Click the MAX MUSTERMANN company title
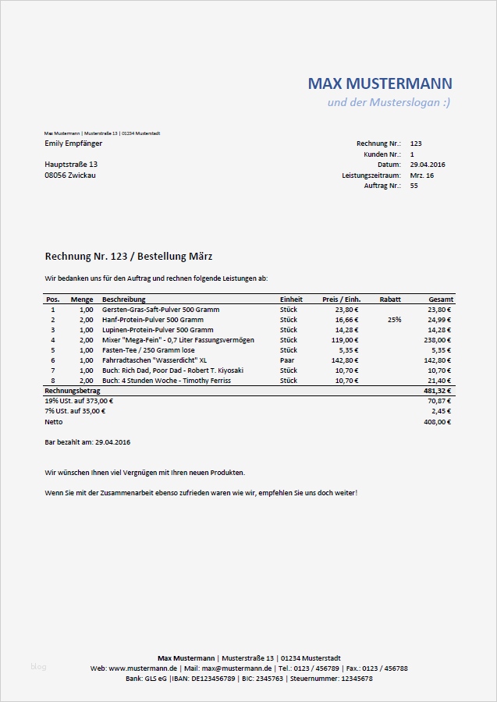point(380,83)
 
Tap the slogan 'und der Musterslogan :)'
point(389,103)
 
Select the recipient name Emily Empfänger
point(73,144)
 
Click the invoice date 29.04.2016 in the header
point(427,165)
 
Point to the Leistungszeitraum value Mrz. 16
point(421,175)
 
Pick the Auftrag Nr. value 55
point(414,186)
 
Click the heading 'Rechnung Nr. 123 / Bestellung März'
point(129,256)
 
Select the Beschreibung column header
point(123,300)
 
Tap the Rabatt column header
point(390,300)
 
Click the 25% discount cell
point(394,320)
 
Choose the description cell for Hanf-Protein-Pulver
point(152,320)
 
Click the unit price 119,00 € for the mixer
point(344,340)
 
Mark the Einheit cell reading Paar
point(287,360)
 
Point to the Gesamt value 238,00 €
point(437,340)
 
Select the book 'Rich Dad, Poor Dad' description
point(172,370)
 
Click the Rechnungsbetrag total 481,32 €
point(437,391)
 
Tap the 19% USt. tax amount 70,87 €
point(440,401)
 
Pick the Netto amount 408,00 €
point(437,422)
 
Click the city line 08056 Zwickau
point(70,175)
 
